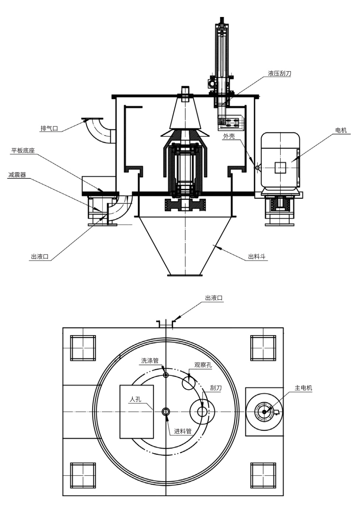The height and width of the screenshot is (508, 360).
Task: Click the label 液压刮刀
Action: (279, 74)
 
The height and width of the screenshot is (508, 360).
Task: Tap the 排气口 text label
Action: (49, 129)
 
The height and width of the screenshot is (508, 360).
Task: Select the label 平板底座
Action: (23, 151)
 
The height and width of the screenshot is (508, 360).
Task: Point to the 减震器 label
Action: (17, 175)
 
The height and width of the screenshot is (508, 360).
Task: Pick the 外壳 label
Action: (229, 136)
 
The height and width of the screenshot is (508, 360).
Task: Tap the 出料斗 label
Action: (257, 257)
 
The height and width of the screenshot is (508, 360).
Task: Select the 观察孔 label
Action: (203, 365)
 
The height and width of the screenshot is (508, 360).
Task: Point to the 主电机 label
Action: (303, 388)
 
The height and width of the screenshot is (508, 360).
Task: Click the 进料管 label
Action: (183, 431)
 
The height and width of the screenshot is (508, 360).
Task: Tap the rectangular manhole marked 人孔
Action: (136, 411)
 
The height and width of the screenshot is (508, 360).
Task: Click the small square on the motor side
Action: (280, 167)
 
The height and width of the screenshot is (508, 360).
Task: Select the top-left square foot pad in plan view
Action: (83, 348)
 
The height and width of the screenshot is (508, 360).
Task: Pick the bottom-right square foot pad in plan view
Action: (263, 475)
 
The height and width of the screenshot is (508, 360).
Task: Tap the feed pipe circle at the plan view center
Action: (166, 411)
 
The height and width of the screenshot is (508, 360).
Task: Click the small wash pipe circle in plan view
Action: (166, 375)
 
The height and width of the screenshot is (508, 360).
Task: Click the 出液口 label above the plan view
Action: (214, 298)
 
